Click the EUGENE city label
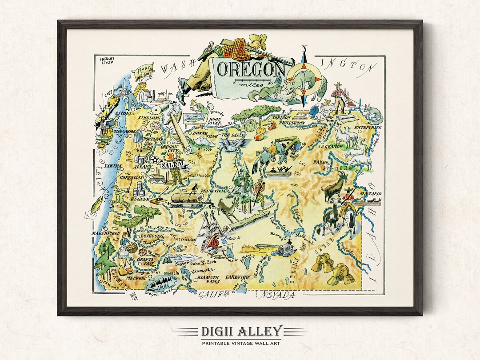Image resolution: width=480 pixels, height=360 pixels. coord(140,200)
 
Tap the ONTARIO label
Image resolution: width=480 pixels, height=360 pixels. coord(371,194)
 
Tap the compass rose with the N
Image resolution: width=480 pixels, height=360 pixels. coord(304,76)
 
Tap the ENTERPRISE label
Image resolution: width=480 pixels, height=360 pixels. coord(368,128)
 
